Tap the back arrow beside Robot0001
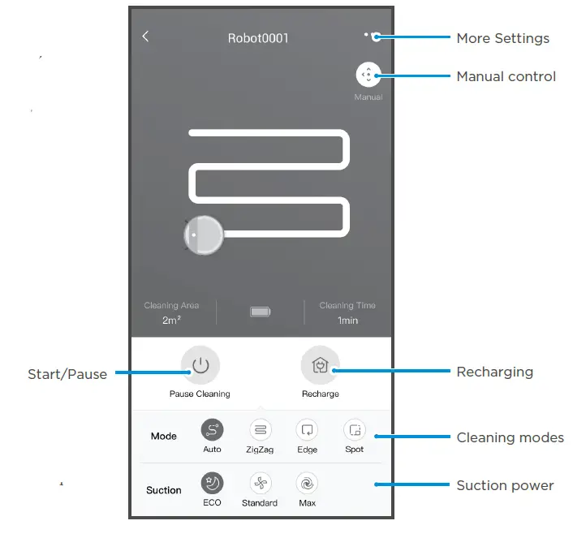tap(145, 37)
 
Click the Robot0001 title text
tap(257, 37)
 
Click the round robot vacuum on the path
tap(203, 235)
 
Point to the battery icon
tap(261, 312)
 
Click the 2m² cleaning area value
tap(170, 321)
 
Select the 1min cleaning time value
tap(347, 321)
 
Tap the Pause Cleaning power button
tap(200, 366)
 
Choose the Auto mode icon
tap(212, 429)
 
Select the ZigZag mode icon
tap(261, 429)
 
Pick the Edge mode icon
tap(307, 429)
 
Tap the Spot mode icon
tap(354, 429)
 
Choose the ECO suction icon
tap(212, 484)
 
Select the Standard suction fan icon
tap(260, 484)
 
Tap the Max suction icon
tap(306, 484)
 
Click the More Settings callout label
tap(502, 38)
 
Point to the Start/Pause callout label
tap(67, 374)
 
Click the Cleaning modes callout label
tap(510, 437)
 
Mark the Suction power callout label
tap(505, 485)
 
